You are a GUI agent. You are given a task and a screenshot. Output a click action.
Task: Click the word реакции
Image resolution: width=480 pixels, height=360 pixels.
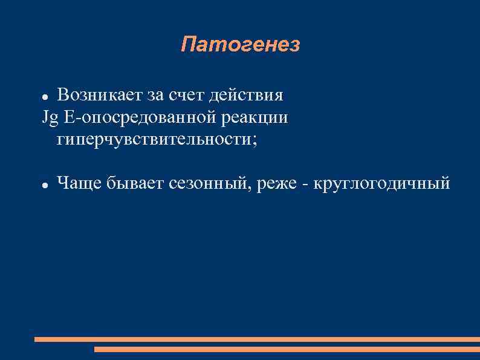point(255,118)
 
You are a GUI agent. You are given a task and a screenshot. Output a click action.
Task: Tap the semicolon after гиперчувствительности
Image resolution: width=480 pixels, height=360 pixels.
point(254,141)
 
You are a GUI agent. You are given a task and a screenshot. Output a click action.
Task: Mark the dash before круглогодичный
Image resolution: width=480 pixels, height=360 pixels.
point(308,183)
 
